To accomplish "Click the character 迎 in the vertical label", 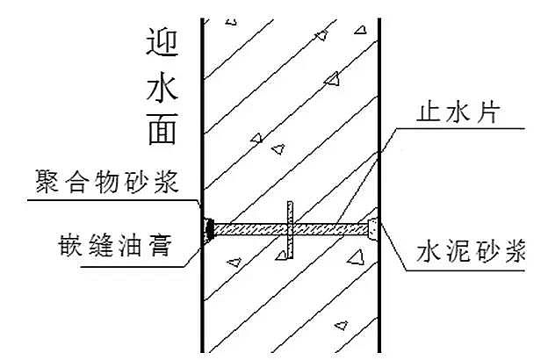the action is click(162, 42).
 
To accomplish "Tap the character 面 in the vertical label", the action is click(162, 128).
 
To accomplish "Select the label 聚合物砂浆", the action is click(106, 182).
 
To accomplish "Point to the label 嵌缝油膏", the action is click(115, 245).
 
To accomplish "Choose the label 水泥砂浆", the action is click(471, 251).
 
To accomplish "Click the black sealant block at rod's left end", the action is click(209, 229).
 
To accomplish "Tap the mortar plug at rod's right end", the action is click(372, 229).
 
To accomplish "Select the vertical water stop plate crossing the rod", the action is click(290, 230).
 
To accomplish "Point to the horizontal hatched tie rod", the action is click(291, 229).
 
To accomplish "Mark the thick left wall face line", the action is click(203, 185).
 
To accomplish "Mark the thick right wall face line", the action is click(379, 185).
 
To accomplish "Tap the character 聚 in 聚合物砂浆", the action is click(47, 182).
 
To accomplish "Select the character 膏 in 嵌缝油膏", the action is click(161, 245).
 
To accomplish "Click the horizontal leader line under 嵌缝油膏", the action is click(133, 266).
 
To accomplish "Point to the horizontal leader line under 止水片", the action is click(460, 128).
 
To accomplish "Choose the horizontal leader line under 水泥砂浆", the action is click(465, 270).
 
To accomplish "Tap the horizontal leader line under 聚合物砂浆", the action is click(110, 200).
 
